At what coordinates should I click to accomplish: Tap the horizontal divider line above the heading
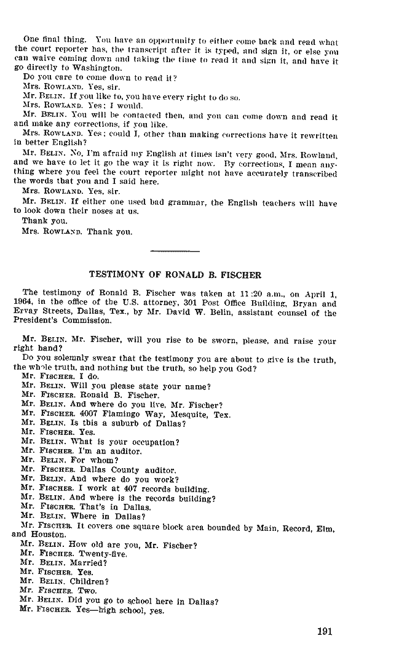pyautogui.click(x=175, y=251)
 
